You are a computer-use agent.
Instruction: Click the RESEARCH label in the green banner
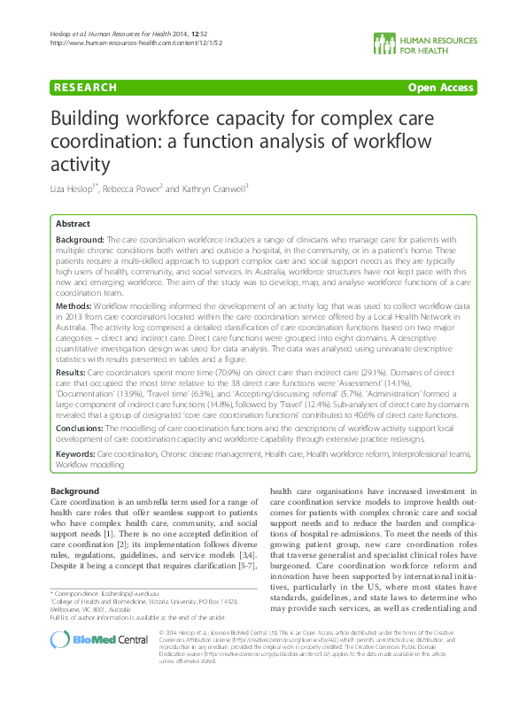86,87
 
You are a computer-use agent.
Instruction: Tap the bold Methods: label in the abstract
74,304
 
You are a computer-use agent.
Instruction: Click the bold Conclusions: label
81,428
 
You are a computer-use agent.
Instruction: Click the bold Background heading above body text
74,491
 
